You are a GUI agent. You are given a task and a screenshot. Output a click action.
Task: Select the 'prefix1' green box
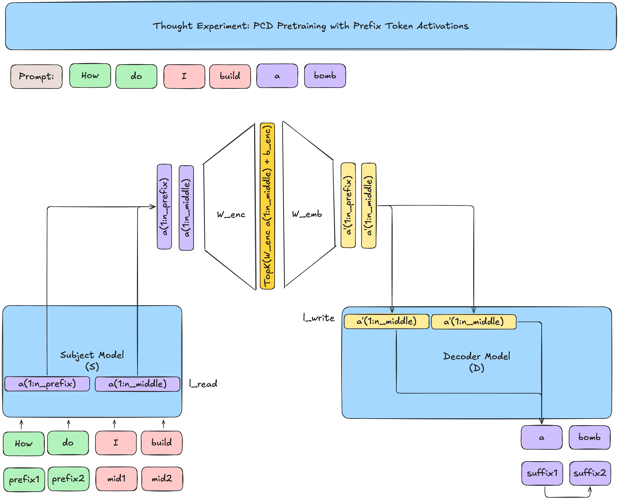coord(24,480)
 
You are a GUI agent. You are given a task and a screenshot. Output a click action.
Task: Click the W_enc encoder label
coord(231,215)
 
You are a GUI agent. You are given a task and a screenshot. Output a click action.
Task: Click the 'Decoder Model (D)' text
coord(476,362)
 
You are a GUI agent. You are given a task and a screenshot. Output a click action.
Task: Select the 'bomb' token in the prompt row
coord(325,76)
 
